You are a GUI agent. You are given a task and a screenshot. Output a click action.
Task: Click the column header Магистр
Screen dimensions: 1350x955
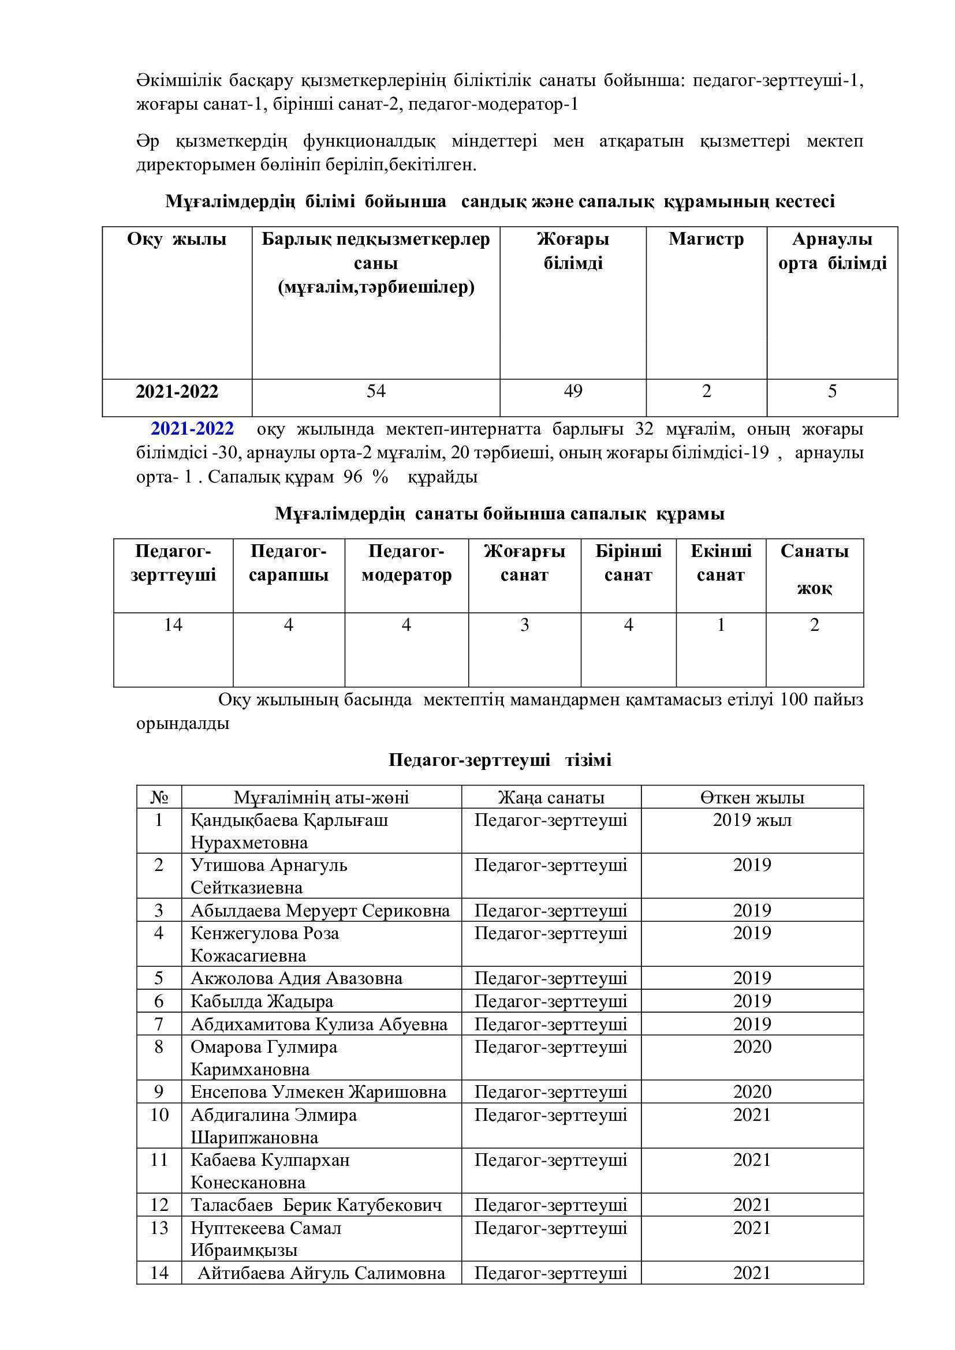[x=706, y=240]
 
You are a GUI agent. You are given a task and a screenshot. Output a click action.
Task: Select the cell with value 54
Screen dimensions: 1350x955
[x=376, y=391]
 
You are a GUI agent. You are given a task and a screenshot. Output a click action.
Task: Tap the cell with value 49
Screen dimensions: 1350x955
[x=573, y=391]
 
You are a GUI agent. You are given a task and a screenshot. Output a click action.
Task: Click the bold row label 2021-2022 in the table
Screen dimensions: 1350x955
[x=177, y=392]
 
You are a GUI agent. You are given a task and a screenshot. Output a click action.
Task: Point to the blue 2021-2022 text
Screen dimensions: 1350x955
[x=192, y=429]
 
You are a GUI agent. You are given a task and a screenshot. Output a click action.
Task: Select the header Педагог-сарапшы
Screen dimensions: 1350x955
[x=288, y=563]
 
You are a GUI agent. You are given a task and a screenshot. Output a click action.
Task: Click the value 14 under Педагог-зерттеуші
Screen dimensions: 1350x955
[x=173, y=624]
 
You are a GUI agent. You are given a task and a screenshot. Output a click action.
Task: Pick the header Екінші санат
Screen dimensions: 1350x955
[x=721, y=563]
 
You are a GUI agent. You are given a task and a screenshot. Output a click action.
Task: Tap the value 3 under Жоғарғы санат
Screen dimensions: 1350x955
[x=524, y=624]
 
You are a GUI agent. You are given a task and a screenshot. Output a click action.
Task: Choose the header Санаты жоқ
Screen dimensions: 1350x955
[x=815, y=569]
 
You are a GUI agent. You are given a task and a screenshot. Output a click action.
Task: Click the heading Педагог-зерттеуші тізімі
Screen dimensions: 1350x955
[x=500, y=760]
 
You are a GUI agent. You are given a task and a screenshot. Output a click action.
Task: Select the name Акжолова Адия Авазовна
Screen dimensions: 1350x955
[x=296, y=978]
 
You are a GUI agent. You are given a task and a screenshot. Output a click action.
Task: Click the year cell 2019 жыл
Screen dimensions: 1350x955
[x=752, y=820]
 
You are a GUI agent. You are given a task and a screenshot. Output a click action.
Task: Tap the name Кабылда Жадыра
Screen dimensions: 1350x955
[x=262, y=1001]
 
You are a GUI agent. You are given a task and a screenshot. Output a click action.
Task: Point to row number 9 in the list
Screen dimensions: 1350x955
[x=159, y=1092]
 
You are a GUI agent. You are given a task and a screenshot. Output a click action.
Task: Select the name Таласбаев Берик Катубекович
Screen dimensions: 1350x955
[x=316, y=1205]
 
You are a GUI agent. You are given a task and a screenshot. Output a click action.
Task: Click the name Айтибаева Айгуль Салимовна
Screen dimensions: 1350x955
[x=321, y=1274]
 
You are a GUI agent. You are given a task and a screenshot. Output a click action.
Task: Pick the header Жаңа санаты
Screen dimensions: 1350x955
[x=551, y=797]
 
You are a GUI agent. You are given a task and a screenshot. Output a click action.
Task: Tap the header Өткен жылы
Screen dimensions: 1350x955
[x=752, y=797]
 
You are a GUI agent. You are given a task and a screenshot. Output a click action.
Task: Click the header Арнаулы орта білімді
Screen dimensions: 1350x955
[x=832, y=251]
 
